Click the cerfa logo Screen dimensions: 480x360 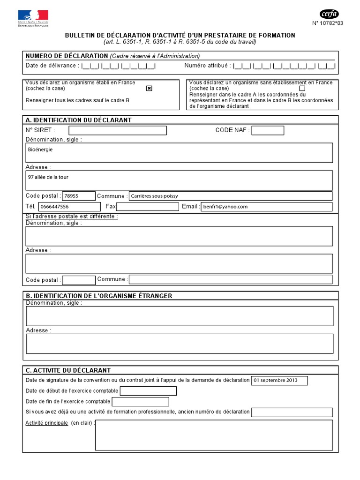(329, 14)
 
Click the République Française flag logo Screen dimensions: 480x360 (33, 17)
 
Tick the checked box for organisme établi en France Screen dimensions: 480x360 (150, 88)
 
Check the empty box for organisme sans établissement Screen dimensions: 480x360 (302, 88)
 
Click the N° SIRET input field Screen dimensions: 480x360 (118, 130)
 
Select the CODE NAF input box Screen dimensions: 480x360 (268, 130)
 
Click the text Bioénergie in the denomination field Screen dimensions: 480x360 (40, 150)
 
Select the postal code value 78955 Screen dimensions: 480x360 (71, 196)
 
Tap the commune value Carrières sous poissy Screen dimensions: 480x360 (155, 196)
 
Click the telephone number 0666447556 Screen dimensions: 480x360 (54, 207)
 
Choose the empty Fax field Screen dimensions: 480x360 (148, 207)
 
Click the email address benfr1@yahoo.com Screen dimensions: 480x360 (225, 207)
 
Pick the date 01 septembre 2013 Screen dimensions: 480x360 (275, 381)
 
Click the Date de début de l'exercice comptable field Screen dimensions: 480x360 (148, 391)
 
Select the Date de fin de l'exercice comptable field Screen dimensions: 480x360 (141, 402)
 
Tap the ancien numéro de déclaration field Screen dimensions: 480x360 (292, 412)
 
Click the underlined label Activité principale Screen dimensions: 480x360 (47, 423)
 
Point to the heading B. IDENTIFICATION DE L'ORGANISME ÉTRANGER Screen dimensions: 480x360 (99, 296)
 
